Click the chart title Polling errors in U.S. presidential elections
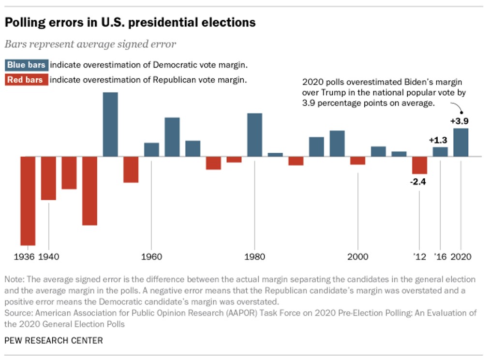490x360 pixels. (x=130, y=22)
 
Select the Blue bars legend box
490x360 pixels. (x=27, y=65)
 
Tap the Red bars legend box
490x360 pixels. (x=27, y=80)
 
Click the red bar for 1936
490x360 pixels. (x=28, y=201)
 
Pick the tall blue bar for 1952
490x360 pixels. (x=110, y=124)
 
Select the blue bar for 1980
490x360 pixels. (x=254, y=135)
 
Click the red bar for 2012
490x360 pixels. (x=419, y=165)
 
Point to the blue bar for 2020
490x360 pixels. (x=460, y=142)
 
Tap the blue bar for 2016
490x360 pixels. (x=440, y=152)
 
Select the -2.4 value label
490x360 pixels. (x=419, y=182)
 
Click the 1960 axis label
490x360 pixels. (x=151, y=257)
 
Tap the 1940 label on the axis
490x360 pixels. (x=48, y=257)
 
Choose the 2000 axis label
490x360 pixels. (x=357, y=257)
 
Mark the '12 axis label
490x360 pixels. (x=420, y=257)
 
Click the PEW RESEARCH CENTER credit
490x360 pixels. (x=54, y=341)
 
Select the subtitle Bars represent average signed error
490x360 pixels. (x=90, y=44)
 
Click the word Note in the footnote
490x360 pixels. (x=13, y=280)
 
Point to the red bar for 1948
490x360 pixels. (x=89, y=191)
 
